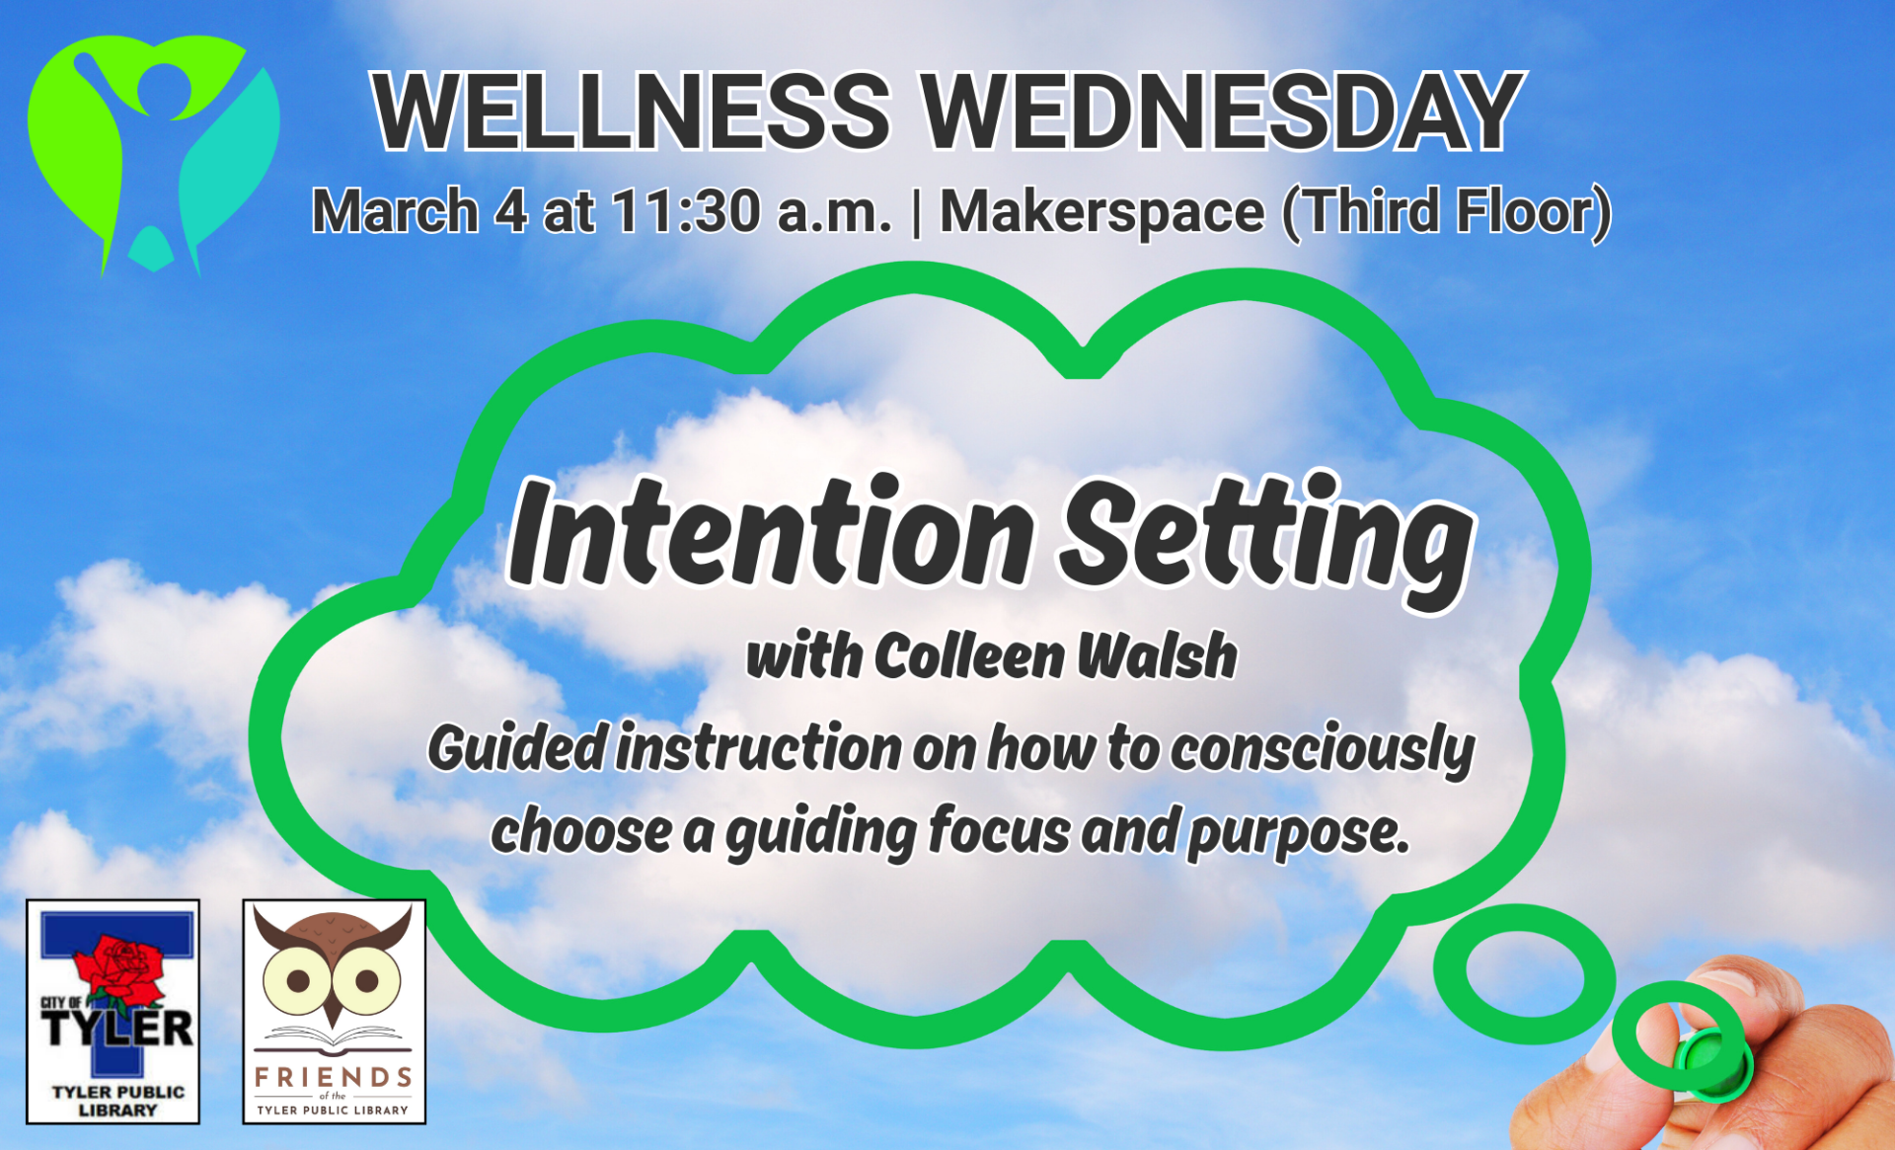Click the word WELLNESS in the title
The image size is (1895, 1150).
(632, 112)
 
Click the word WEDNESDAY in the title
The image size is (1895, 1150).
(1222, 112)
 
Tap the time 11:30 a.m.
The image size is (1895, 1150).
(750, 212)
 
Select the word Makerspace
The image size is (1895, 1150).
(1101, 212)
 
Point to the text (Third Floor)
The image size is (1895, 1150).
(1446, 212)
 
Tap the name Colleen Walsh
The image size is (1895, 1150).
(1054, 656)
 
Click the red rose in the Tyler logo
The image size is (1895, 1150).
(120, 965)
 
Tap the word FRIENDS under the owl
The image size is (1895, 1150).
(334, 1077)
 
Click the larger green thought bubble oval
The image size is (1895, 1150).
(1523, 974)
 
